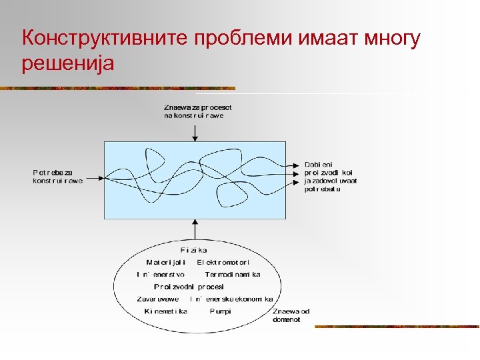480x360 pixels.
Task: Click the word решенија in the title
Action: point(68,64)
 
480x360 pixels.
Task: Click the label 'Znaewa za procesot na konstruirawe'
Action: point(198,111)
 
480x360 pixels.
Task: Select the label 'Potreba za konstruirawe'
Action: point(58,177)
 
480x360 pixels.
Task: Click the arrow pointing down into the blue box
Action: point(195,131)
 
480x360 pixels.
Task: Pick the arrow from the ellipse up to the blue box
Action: point(195,229)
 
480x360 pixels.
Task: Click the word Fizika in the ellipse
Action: point(194,250)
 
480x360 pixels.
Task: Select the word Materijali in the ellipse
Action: point(165,262)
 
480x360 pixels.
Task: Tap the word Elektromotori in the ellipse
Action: point(223,262)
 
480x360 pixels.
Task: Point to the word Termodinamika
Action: point(233,274)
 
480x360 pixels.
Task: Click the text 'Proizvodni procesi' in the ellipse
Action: point(189,286)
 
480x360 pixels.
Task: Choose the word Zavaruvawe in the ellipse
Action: point(158,299)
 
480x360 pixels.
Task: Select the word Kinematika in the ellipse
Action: point(165,311)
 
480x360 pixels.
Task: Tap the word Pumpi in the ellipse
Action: point(221,311)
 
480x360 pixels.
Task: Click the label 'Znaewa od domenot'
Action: point(291,315)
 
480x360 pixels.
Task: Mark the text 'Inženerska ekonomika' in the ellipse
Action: point(231,299)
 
